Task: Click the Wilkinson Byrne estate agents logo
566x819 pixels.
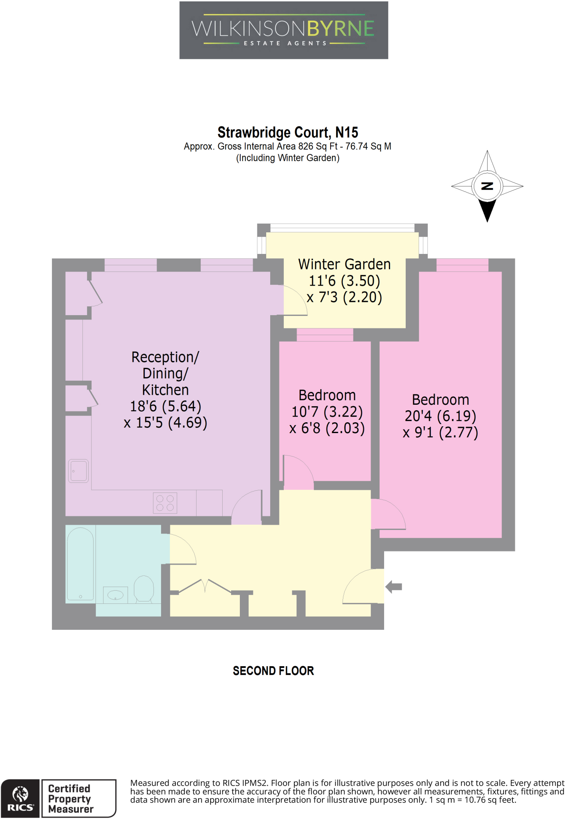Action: tap(283, 30)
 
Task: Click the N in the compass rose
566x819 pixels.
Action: tap(487, 186)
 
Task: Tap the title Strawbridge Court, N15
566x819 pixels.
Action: tap(287, 132)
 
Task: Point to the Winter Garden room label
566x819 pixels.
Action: tap(344, 264)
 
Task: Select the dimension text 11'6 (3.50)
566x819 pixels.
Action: tap(344, 281)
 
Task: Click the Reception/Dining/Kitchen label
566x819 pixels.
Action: tap(165, 373)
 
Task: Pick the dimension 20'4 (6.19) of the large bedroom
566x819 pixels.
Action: tap(440, 416)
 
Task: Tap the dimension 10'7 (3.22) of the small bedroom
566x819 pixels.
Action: tap(327, 411)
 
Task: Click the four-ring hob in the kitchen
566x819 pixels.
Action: tap(165, 503)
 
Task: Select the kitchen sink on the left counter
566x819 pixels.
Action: tap(78, 471)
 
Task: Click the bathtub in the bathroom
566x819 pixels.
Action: tap(80, 564)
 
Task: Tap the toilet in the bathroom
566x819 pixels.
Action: tap(143, 588)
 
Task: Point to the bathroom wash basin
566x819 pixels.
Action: tap(116, 595)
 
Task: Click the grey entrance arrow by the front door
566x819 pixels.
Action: tap(394, 587)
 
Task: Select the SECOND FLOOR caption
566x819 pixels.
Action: tap(273, 671)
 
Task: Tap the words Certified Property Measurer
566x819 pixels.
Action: tap(70, 799)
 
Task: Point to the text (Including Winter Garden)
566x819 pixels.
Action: tap(287, 158)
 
